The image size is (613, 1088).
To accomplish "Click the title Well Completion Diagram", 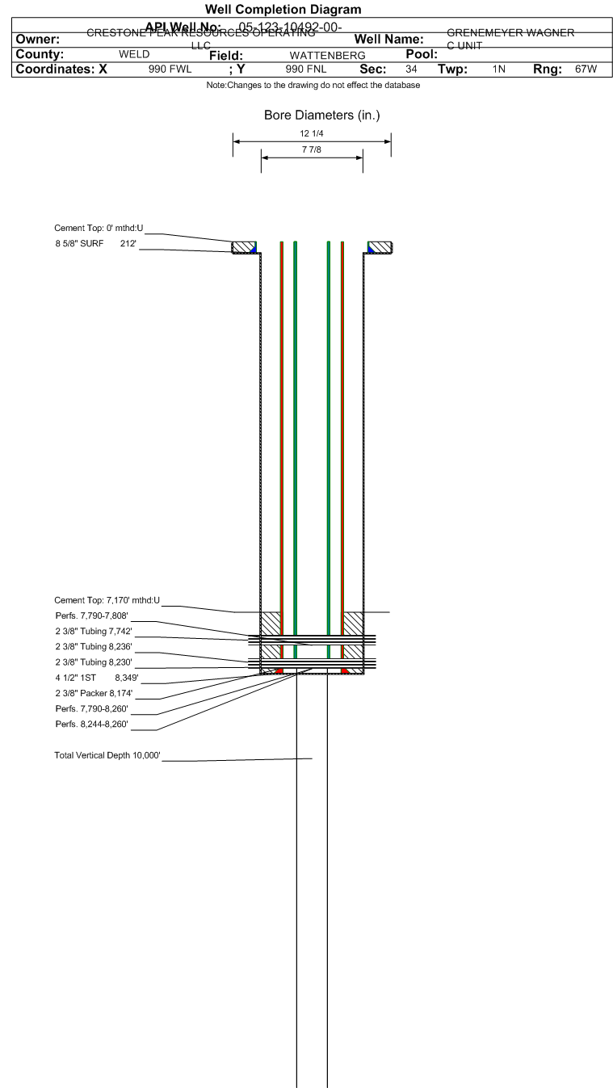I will click(x=283, y=10).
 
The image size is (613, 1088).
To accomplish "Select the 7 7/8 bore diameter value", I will click(x=312, y=150).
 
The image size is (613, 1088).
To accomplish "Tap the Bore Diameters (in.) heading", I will click(x=321, y=116).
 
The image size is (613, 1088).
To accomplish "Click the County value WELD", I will click(x=134, y=55).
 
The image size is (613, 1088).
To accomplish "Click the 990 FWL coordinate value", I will click(x=170, y=69).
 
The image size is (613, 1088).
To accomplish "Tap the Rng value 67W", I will click(x=586, y=69).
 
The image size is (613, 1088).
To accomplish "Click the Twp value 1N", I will click(x=499, y=69).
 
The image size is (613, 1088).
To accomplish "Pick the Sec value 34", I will click(x=411, y=69).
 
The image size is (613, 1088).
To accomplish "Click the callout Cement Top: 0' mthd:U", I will click(x=99, y=229).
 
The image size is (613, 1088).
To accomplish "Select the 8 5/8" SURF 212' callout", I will click(x=95, y=243).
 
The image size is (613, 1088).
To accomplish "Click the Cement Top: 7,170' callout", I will click(x=107, y=600).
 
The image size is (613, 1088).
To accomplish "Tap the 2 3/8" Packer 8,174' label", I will click(x=94, y=693).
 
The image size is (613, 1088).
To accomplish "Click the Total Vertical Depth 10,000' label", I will click(x=107, y=755).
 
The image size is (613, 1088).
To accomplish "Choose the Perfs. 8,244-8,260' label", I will click(x=91, y=724).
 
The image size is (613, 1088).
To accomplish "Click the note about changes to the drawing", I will click(x=313, y=86).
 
